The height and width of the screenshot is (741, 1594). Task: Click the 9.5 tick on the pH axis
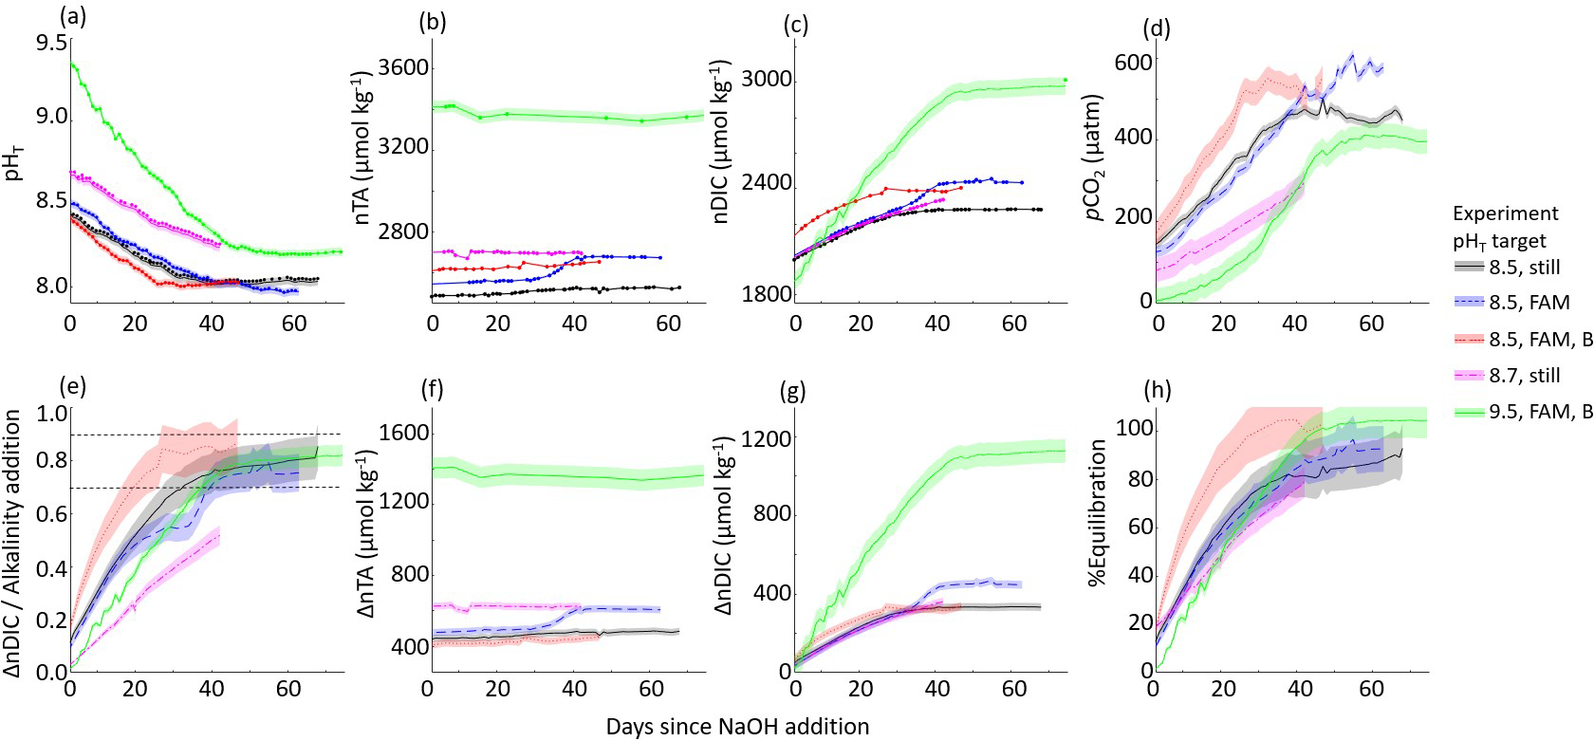50,44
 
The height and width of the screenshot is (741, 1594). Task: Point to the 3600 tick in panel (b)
404,68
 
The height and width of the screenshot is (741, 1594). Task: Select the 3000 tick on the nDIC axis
766,80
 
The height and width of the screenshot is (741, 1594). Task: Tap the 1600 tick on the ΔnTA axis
404,434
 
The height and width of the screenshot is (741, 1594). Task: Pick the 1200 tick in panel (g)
766,439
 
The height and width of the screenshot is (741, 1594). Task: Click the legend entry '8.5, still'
1524,268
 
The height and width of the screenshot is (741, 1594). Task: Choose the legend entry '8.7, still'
1524,376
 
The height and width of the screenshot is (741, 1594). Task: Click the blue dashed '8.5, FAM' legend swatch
1468,304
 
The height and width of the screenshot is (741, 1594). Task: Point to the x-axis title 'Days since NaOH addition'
737,727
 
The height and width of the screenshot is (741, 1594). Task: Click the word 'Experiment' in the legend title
1505,213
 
